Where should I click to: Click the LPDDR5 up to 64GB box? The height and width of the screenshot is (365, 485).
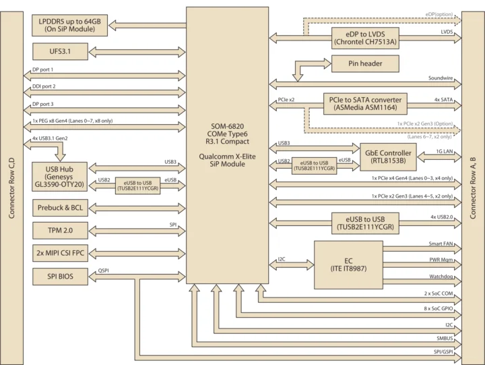69,26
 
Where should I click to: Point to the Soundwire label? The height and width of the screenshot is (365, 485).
441,78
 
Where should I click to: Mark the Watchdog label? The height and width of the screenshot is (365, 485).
441,275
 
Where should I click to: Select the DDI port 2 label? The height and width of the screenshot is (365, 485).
44,87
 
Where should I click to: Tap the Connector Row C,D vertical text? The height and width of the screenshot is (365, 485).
11,182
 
